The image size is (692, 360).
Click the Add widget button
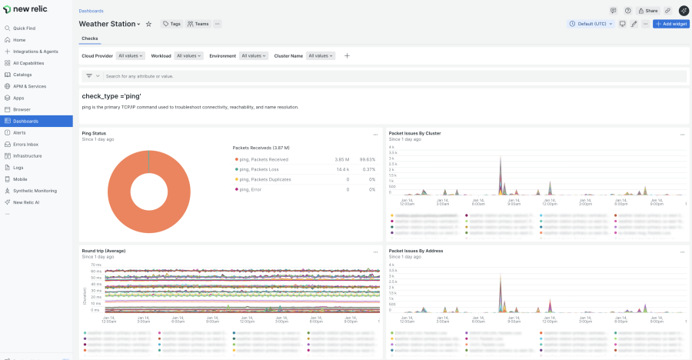(x=670, y=24)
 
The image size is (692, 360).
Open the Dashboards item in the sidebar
(x=25, y=121)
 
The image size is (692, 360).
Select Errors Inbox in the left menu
(x=25, y=144)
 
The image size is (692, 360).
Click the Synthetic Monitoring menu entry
(x=35, y=190)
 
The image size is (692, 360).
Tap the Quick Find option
(x=24, y=28)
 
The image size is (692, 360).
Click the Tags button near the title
(x=171, y=24)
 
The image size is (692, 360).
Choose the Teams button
(x=198, y=24)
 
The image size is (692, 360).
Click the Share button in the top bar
(x=648, y=11)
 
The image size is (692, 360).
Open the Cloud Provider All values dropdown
(x=130, y=55)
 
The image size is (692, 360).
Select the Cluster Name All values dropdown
(x=321, y=55)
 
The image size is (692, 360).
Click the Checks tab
(x=90, y=38)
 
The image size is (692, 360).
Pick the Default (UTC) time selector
(x=591, y=24)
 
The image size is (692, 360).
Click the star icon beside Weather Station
(x=149, y=24)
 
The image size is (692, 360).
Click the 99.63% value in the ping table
(x=367, y=159)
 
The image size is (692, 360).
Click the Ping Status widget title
(x=94, y=133)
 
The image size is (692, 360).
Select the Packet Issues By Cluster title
(x=414, y=133)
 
